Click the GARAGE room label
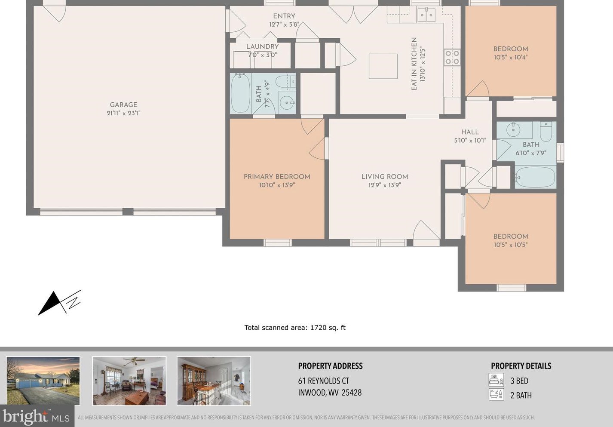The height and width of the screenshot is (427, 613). pos(123,104)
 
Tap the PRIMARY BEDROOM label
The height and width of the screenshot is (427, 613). pos(277,177)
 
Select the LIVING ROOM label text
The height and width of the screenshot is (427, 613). pos(384,177)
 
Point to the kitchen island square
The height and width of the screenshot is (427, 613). pos(383,66)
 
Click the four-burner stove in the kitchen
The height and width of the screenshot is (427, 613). pos(452,58)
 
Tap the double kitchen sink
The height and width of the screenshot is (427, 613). pos(426,16)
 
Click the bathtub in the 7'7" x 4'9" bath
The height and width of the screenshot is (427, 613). pos(240,93)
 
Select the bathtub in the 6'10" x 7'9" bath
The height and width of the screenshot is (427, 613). pos(535,177)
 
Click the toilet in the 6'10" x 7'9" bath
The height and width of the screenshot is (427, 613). pos(546,131)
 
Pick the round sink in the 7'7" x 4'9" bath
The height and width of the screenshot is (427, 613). pos(286,103)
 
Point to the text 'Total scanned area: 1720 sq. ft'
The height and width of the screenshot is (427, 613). pos(295,328)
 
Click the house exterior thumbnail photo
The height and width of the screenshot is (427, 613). pos(43,381)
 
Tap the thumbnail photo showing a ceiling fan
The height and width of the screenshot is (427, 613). pos(129,381)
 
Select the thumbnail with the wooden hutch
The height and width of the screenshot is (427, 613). pos(214,381)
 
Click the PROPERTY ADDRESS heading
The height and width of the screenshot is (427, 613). pos(330,366)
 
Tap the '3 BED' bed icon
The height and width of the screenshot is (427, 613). pos(496,380)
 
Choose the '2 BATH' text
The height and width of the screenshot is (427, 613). pos(521,395)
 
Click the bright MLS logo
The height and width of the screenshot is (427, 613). pos(36,417)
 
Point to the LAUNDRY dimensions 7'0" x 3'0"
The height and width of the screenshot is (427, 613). pos(262,55)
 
